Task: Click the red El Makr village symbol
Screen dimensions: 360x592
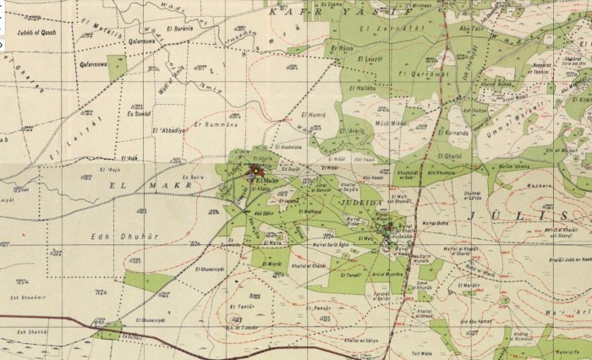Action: click(252, 172)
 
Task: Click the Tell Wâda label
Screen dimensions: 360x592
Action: click(420, 353)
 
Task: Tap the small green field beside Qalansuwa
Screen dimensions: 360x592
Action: click(117, 68)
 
